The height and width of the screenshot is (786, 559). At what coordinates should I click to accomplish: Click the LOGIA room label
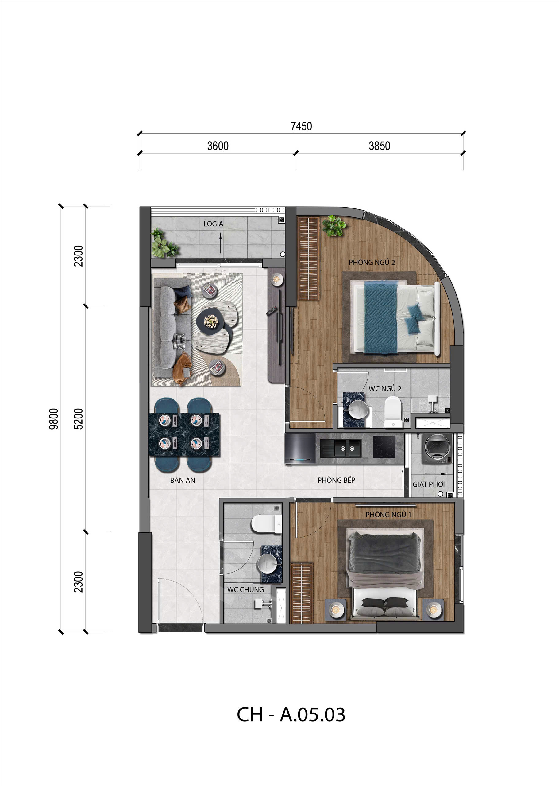coord(213,224)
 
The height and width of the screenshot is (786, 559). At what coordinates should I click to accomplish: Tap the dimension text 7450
coord(301,126)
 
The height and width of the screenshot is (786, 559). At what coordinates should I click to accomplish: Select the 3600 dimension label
coord(218,146)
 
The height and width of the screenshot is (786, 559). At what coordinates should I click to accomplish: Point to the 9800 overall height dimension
coord(54,419)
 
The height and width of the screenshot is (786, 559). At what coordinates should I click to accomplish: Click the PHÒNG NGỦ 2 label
coord(372,263)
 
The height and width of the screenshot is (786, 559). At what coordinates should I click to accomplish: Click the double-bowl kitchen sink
coord(341,448)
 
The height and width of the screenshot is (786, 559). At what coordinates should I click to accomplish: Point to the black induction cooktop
coord(384,447)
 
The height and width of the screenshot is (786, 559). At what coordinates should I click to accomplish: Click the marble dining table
coord(184,435)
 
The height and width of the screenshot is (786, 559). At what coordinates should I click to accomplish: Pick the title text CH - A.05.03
coord(291,715)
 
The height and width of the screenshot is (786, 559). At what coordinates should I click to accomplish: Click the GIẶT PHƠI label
coord(428,484)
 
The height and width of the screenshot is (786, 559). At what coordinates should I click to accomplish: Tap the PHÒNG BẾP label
coord(336,480)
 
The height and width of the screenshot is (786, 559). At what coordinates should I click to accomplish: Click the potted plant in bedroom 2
coord(333,226)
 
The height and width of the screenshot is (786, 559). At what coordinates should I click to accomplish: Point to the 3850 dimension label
coord(379,146)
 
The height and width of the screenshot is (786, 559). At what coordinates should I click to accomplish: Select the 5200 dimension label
coord(79,419)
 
